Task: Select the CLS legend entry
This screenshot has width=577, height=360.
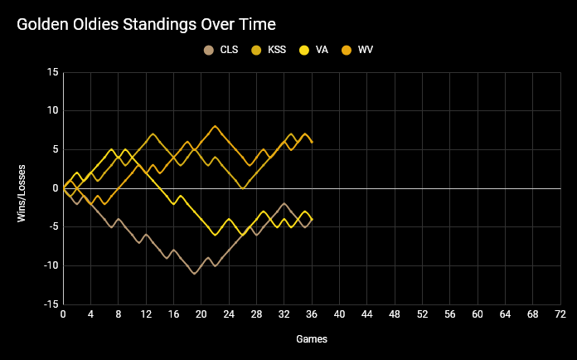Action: coord(222,50)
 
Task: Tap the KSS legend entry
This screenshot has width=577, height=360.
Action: coord(270,50)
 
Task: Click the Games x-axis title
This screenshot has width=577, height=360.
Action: coord(312,339)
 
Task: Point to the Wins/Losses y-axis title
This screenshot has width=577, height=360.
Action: coord(22,188)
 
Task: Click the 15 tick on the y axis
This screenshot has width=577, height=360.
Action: coord(52,72)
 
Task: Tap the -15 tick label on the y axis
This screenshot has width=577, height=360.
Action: coord(51,304)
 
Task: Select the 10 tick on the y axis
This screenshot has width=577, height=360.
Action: coord(52,111)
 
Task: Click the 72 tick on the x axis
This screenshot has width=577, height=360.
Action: coord(560,315)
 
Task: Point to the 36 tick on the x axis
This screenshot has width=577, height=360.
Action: coord(312,315)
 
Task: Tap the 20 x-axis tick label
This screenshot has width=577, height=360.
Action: coord(201,315)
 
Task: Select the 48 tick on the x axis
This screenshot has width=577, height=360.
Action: coord(395,315)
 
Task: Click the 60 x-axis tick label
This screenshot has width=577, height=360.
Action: coord(478,315)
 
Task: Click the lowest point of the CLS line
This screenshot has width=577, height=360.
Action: coord(195,274)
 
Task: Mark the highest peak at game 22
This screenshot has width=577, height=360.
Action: coord(216,126)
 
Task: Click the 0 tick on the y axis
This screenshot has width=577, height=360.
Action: coord(55,188)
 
